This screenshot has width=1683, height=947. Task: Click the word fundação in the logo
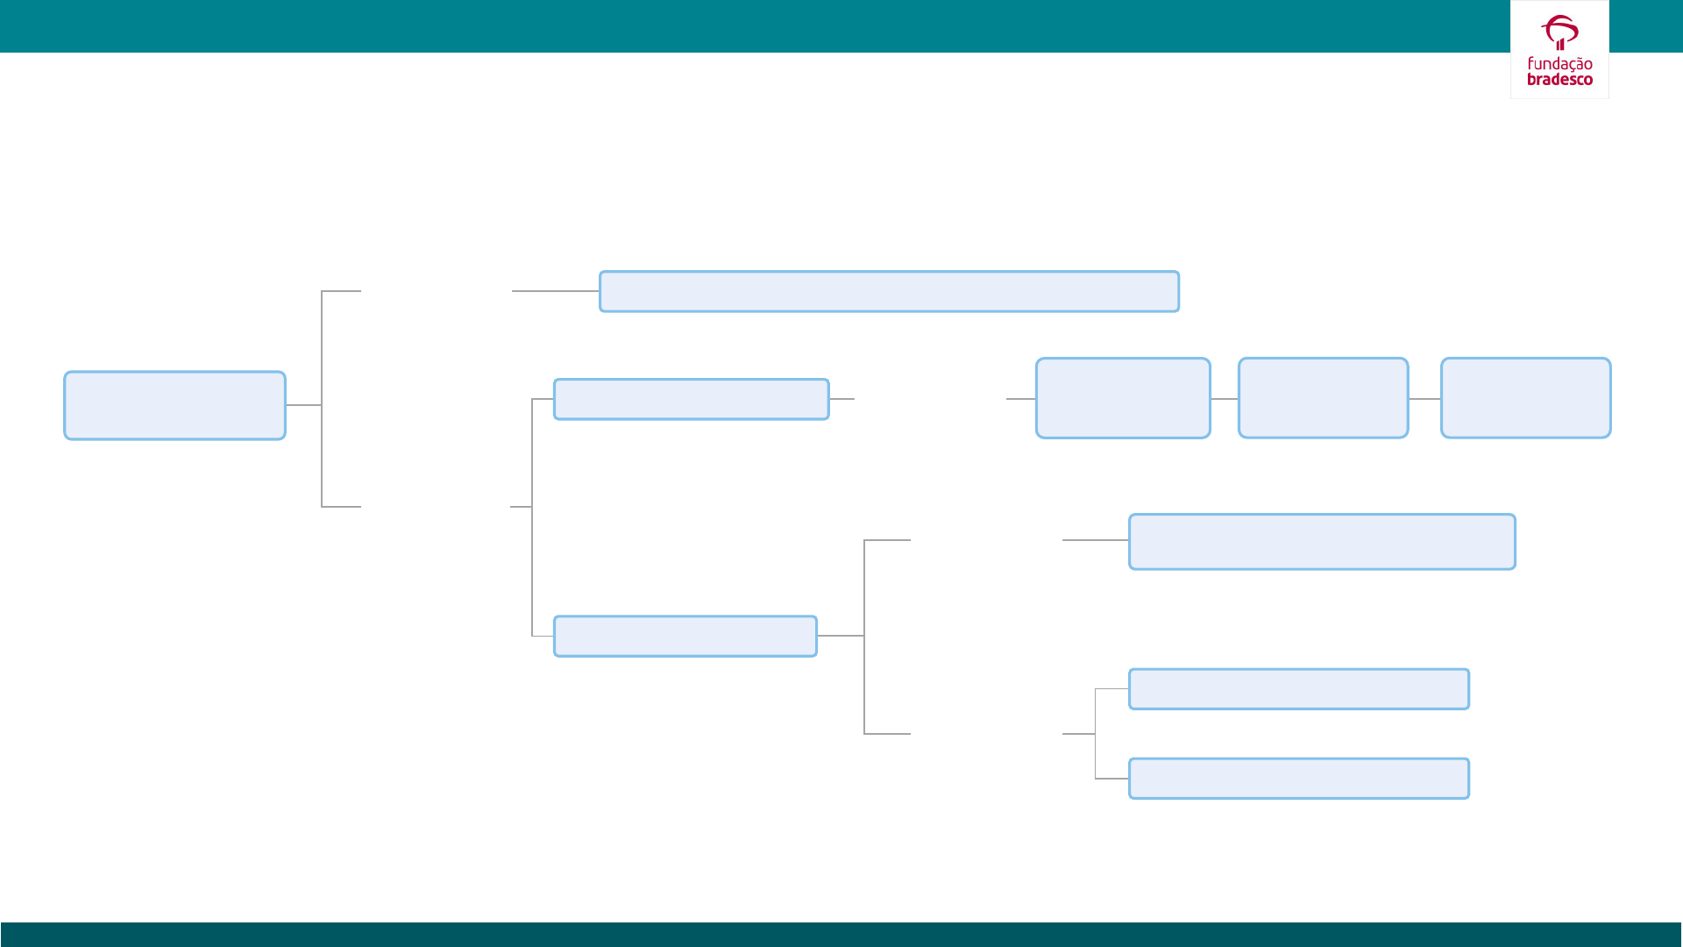tap(1559, 64)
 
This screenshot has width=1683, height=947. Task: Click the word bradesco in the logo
tap(1559, 79)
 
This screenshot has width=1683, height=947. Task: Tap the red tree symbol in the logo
tap(1559, 32)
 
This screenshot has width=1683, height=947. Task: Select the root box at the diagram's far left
tap(174, 405)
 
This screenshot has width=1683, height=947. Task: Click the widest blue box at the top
tap(889, 291)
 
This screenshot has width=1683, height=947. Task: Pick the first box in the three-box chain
tap(1123, 398)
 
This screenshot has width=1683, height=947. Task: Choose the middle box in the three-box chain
tap(1323, 398)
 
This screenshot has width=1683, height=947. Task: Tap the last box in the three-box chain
tap(1525, 398)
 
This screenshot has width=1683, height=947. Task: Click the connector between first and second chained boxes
tap(1225, 399)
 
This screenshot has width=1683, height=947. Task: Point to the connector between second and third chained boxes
tap(1424, 399)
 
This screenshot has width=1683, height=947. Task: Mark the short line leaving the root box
tap(303, 405)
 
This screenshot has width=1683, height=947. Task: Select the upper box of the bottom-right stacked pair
tap(1298, 689)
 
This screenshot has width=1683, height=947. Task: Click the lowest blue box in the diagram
tap(1298, 779)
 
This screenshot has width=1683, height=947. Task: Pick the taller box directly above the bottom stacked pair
tap(1322, 542)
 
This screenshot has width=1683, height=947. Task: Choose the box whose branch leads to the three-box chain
tap(691, 399)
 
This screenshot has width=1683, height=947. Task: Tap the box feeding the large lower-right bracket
tap(685, 636)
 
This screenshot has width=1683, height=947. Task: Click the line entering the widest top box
tap(555, 291)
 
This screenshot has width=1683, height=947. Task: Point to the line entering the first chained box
tap(1020, 399)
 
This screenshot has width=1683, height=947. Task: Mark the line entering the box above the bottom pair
tap(1095, 540)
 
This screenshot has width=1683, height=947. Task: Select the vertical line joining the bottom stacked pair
tap(1096, 734)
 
